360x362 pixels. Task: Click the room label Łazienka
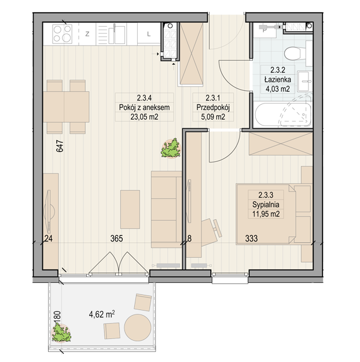(277, 80)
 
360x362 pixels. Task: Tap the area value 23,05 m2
(145, 117)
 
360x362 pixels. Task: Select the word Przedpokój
(213, 108)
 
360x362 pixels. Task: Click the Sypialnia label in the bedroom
(266, 205)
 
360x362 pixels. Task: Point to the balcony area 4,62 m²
(102, 314)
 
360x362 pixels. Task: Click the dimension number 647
(60, 146)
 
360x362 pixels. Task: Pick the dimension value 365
(116, 238)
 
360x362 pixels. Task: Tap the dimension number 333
(251, 238)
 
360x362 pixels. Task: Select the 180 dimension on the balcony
(57, 318)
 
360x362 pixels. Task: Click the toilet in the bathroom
(295, 54)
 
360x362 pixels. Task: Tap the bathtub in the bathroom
(283, 114)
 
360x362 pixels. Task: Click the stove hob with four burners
(62, 34)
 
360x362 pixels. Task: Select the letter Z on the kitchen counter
(87, 34)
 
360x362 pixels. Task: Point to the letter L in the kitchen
(149, 34)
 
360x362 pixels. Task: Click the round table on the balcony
(138, 328)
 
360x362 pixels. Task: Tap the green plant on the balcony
(61, 333)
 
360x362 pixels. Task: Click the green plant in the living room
(171, 148)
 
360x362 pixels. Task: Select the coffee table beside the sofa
(130, 209)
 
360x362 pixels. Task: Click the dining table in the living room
(66, 107)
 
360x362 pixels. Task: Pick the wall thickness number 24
(48, 238)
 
